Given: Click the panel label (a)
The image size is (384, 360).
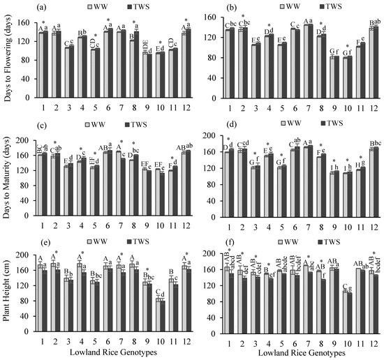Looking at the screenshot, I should pyautogui.click(x=42, y=8).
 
